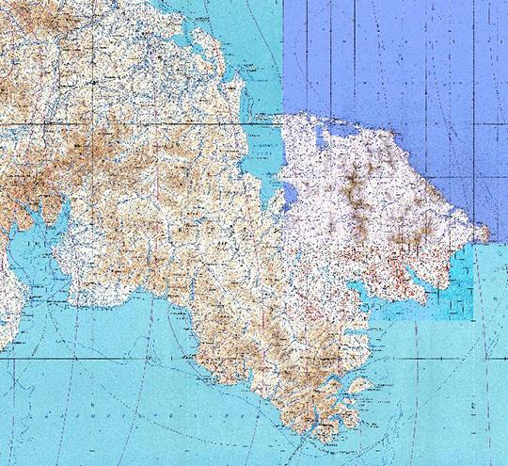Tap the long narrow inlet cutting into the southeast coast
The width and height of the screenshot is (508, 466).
[419, 282]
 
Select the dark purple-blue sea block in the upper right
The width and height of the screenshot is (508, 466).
[395, 56]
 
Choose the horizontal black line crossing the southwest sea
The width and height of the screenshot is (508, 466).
[94, 358]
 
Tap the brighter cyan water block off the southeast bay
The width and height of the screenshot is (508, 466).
[461, 282]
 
